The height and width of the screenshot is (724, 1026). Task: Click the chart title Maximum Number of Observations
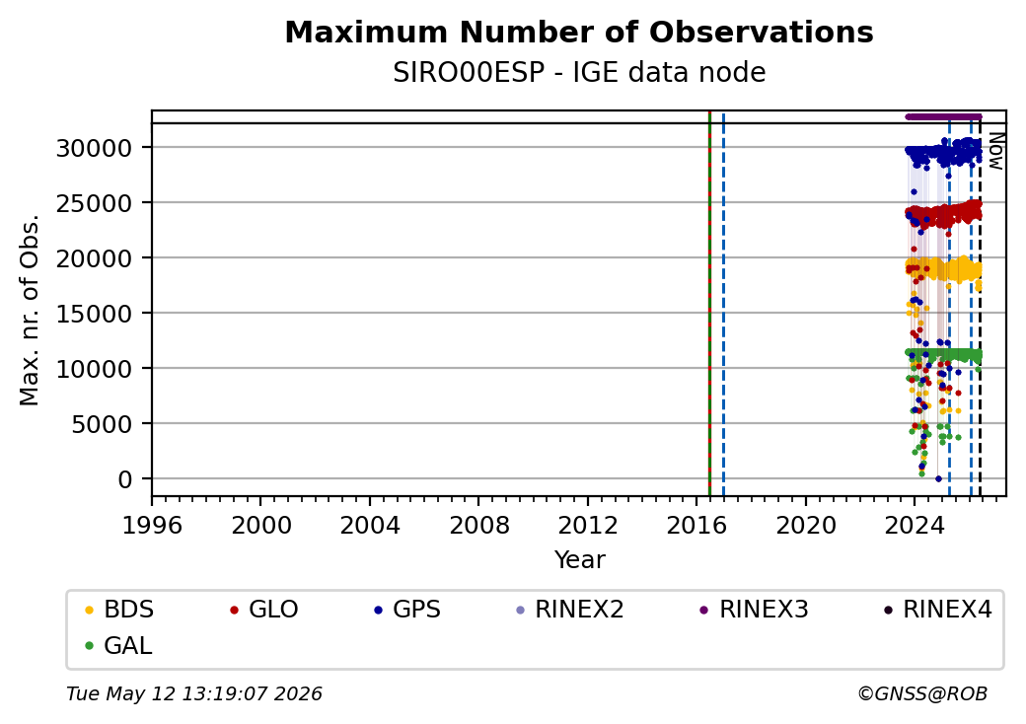[579, 32]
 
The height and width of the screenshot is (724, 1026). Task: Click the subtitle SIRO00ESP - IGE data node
[579, 73]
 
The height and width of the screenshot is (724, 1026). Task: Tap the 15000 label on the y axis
[95, 314]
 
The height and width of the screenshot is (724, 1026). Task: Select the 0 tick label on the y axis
[125, 479]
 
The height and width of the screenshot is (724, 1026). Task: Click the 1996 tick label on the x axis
[152, 525]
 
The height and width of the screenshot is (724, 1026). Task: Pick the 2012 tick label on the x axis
[588, 525]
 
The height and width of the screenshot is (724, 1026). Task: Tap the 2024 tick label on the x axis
[915, 525]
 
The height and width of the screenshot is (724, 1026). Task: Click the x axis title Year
[580, 560]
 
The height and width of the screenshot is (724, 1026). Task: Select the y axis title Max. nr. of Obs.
[30, 310]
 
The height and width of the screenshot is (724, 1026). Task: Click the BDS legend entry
[119, 610]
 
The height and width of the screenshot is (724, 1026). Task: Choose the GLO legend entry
[264, 610]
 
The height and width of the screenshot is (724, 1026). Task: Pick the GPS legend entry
[407, 610]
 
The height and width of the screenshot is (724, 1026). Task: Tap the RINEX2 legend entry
[570, 610]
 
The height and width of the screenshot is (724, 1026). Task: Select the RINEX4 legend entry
[937, 610]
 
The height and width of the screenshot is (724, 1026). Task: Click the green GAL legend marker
[90, 646]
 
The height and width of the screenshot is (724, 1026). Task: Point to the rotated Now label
[995, 151]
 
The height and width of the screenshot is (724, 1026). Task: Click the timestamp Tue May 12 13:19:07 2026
[194, 693]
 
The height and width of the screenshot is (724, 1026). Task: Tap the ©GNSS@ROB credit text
[922, 693]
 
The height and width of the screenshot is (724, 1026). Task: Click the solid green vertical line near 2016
[709, 304]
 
